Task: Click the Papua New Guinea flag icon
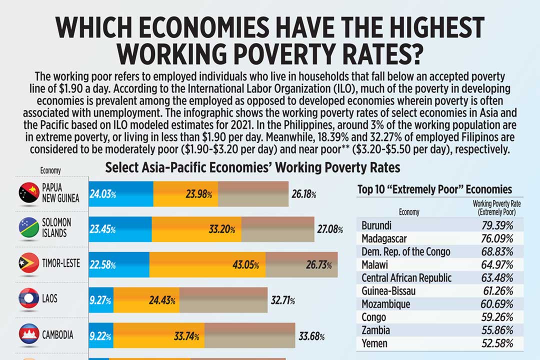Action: tap(28, 193)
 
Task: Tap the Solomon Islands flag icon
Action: tap(28, 227)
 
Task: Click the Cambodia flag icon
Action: tap(28, 334)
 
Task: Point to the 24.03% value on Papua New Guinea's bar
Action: tap(103, 194)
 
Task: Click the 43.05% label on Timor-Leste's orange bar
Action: tap(245, 265)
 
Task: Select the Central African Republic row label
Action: tap(406, 278)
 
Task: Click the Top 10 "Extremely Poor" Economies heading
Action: tap(434, 189)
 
